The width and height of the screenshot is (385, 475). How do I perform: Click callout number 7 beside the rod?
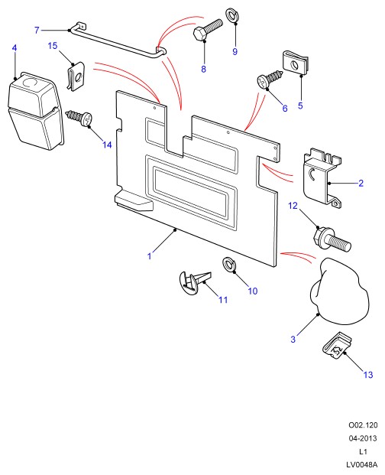click(x=37, y=31)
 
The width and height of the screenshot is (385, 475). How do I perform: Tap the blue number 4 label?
click(x=15, y=48)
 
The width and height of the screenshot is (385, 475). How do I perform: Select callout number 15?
click(x=52, y=46)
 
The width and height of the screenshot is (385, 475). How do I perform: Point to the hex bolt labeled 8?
click(x=208, y=30)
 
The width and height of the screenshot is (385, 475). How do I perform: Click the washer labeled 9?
click(x=231, y=16)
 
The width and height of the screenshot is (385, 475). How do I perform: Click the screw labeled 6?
click(x=270, y=79)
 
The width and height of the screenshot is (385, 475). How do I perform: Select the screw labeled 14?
click(x=79, y=119)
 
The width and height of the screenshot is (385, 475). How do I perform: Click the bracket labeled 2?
click(x=322, y=177)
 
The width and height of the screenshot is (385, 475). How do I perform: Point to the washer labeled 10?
click(x=229, y=265)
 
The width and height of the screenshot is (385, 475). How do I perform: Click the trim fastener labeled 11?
click(x=195, y=282)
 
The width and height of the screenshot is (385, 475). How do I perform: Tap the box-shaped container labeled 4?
click(x=35, y=111)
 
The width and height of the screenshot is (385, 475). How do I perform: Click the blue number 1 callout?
click(x=149, y=256)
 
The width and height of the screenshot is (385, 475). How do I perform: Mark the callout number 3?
click(x=293, y=340)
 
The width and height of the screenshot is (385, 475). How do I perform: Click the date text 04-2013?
click(x=363, y=438)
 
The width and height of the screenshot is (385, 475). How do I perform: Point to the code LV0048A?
click(x=362, y=465)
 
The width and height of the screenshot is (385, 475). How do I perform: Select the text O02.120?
click(x=363, y=425)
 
